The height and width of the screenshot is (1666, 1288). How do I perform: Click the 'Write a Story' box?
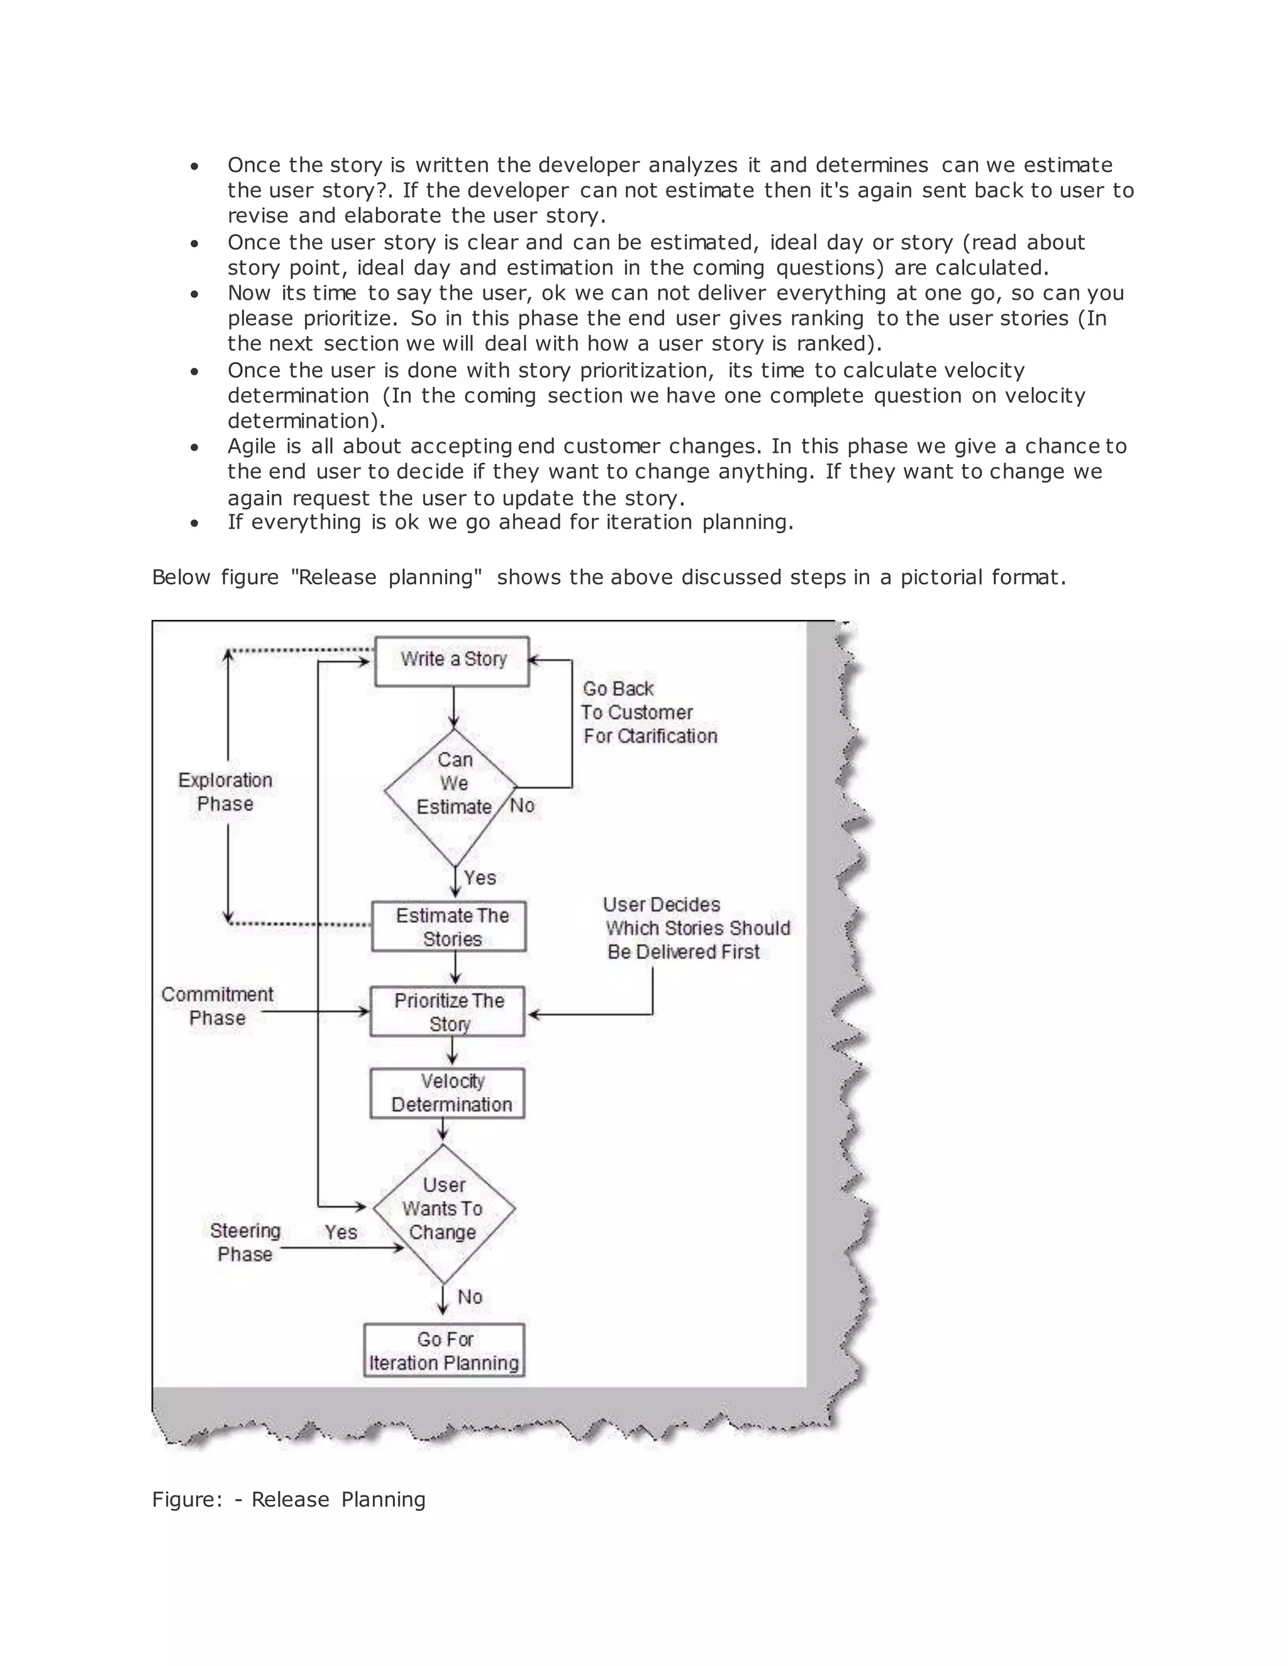pos(452,661)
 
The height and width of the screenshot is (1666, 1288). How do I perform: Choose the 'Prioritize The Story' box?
pos(448,1012)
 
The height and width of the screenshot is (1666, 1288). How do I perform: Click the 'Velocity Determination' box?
pos(448,1093)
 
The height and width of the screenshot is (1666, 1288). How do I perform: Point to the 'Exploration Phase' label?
pos(225,792)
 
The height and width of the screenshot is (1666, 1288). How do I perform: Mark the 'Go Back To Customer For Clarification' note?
pos(648,712)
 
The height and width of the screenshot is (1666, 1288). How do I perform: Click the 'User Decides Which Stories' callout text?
pos(696,929)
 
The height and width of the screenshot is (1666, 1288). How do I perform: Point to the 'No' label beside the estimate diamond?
pos(523,805)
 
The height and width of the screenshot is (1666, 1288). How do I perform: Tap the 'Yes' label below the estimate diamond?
pos(480,878)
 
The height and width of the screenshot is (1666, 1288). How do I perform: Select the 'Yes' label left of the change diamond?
pos(340,1232)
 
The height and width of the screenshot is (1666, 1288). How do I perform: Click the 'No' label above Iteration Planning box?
pos(470,1297)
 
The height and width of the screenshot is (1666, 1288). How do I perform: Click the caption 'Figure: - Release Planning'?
pos(289,1499)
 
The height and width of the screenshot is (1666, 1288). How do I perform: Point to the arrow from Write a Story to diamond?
pos(453,707)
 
